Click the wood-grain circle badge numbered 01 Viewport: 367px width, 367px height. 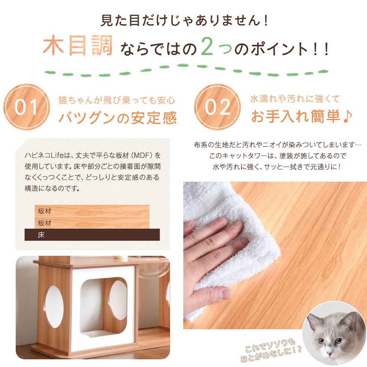click(27, 107)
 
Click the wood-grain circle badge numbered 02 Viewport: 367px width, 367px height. click(218, 107)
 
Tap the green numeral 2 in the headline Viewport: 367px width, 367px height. click(207, 46)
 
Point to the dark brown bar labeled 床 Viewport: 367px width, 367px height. click(92, 235)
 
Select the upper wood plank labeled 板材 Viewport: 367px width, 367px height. click(92, 211)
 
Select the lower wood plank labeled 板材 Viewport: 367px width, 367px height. click(92, 223)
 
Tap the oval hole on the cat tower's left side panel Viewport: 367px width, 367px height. click(54, 307)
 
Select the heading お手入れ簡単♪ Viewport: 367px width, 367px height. click(301, 116)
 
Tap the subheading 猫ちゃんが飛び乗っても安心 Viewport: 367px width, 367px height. click(116, 100)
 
